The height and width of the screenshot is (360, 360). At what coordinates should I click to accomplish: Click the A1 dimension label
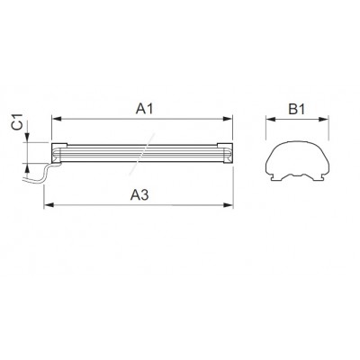click(144, 109)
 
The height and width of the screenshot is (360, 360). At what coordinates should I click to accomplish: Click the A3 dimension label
click(139, 195)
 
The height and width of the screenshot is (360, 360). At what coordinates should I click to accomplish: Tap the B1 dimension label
click(297, 110)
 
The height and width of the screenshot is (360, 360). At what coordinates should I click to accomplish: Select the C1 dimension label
click(18, 121)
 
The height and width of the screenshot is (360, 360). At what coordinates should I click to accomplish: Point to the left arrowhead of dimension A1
click(57, 119)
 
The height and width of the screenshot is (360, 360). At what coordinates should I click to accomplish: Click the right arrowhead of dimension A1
click(228, 119)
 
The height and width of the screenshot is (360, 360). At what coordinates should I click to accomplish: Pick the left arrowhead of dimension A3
click(49, 205)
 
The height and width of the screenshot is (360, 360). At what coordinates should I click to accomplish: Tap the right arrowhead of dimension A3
click(228, 205)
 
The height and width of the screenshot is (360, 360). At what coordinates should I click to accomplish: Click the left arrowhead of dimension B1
click(271, 120)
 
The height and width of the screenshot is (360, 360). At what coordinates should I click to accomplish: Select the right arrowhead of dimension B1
click(324, 120)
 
